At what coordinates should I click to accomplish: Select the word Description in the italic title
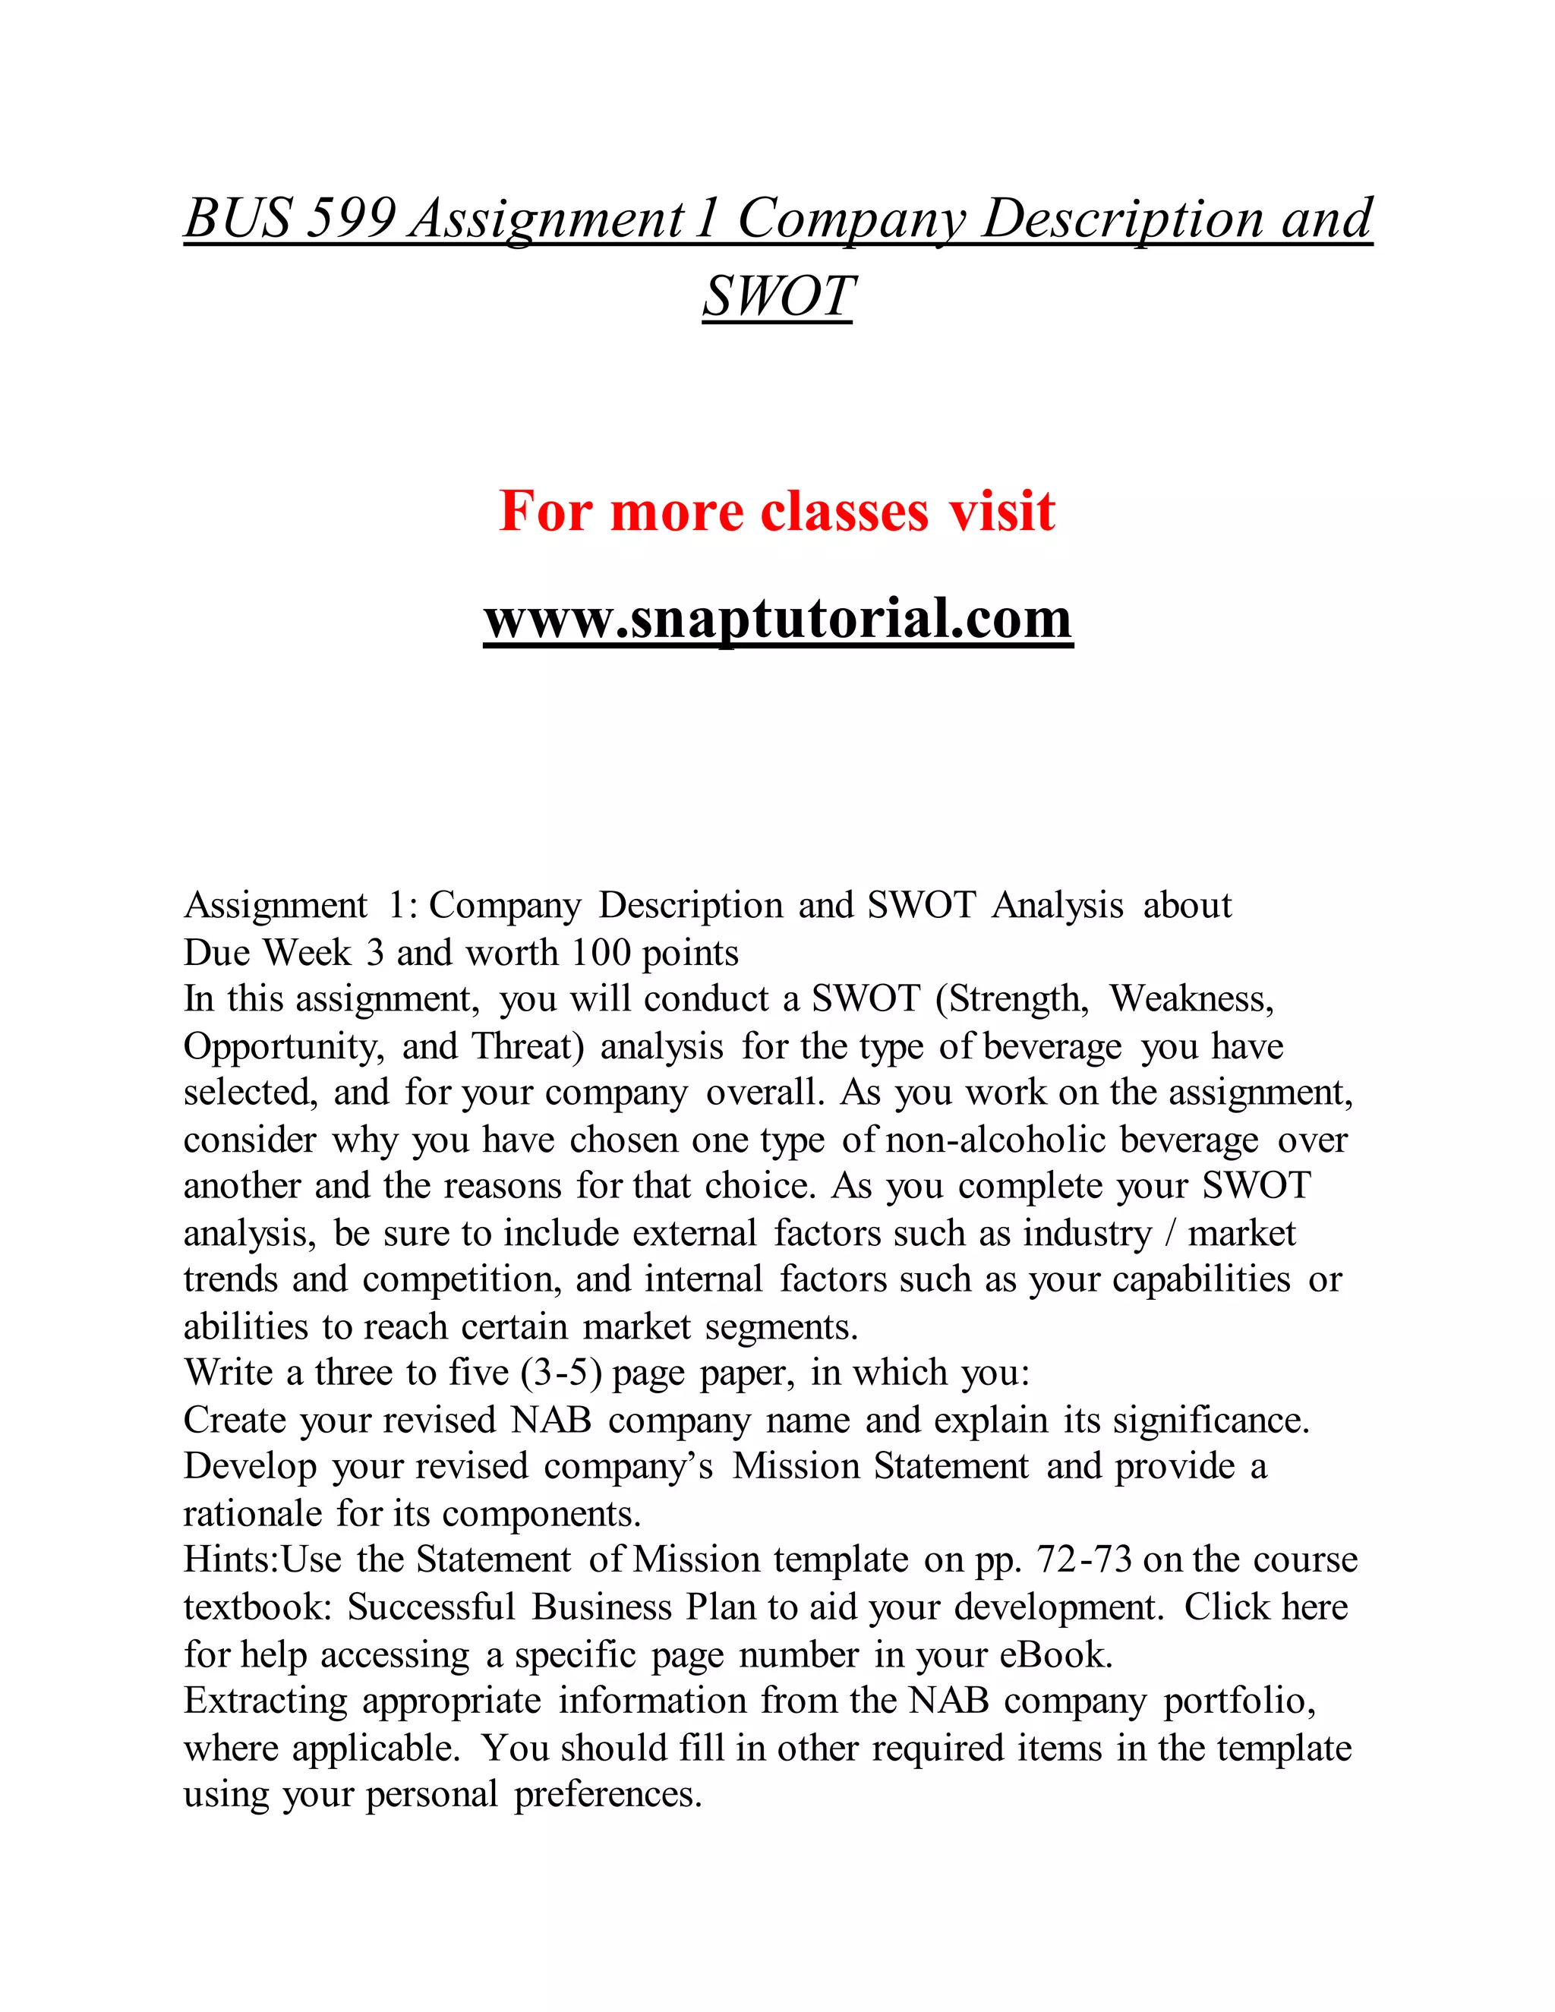1122,219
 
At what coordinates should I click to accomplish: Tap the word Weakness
1192,998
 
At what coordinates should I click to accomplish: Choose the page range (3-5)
561,1373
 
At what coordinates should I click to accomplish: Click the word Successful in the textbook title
431,1607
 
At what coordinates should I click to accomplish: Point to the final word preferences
608,1793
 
